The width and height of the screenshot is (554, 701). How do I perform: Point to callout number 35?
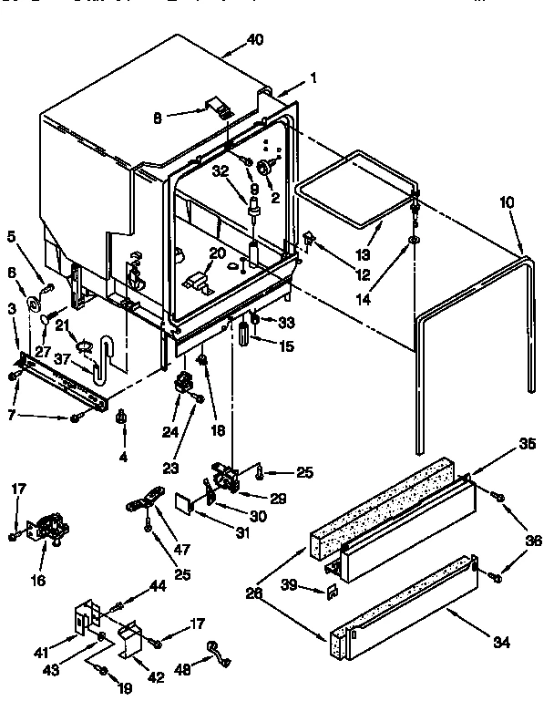(500, 446)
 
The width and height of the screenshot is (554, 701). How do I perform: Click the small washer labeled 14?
(415, 239)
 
